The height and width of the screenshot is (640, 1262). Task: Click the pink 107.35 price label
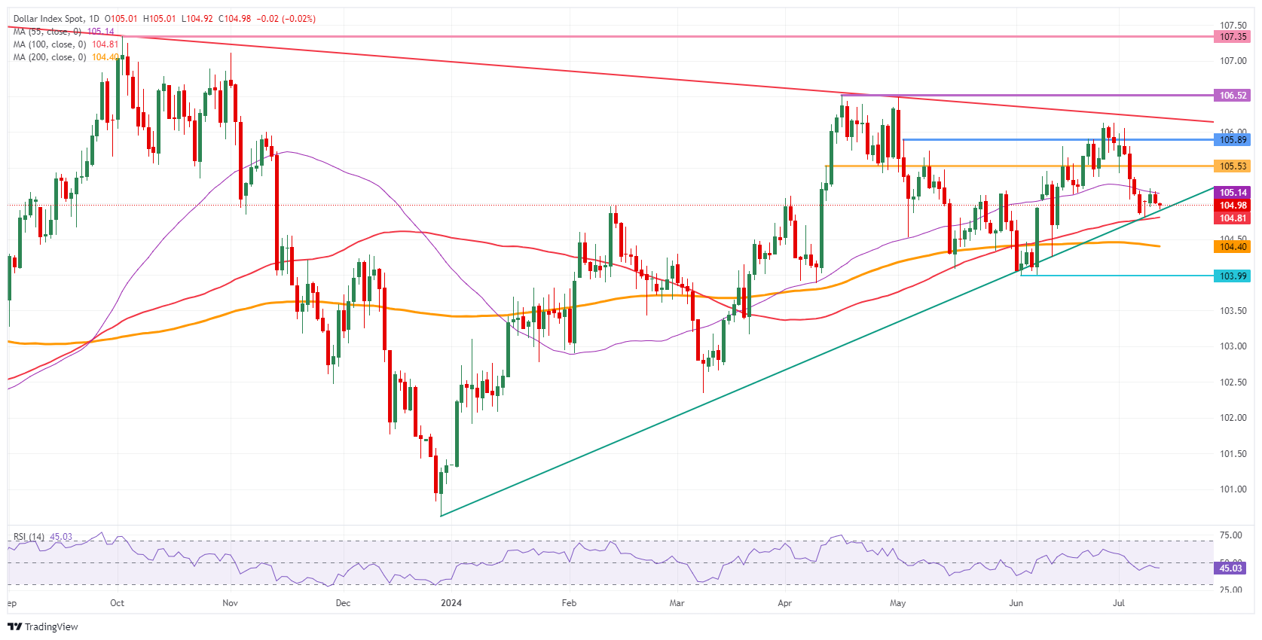[x=1233, y=36]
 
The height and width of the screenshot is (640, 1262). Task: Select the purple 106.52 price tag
[x=1233, y=96]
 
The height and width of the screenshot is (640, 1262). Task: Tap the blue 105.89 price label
[x=1233, y=140]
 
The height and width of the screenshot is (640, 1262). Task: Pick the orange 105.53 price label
[x=1233, y=166]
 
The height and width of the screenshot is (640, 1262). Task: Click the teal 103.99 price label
[x=1233, y=276]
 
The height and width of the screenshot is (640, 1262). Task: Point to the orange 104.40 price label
[x=1233, y=247]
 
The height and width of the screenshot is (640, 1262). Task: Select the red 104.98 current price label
[x=1233, y=206]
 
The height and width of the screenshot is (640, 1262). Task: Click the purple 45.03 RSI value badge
[x=1230, y=568]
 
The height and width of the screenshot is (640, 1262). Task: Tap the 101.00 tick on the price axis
[x=1233, y=489]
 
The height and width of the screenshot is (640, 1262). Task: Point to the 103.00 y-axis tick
[x=1233, y=346]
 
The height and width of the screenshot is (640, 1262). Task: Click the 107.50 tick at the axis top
[x=1233, y=25]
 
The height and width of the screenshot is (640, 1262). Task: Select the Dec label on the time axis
[x=343, y=603]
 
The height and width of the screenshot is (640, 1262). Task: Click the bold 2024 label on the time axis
[x=451, y=603]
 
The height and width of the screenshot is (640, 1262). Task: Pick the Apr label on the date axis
[x=784, y=603]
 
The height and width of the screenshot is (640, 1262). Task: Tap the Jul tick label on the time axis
[x=1119, y=603]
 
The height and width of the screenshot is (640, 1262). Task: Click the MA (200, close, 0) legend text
[x=50, y=57]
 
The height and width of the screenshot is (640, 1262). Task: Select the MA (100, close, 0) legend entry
[x=50, y=44]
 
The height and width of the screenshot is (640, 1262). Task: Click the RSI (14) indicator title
[x=29, y=537]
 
